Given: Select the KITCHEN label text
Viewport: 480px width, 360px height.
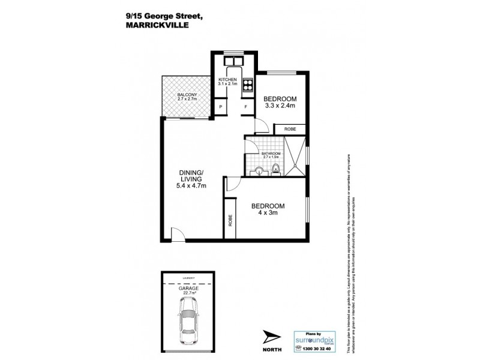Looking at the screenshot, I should click(x=227, y=79).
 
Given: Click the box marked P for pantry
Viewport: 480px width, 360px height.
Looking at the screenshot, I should click(x=221, y=107).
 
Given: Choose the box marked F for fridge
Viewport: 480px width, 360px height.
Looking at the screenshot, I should click(x=245, y=107).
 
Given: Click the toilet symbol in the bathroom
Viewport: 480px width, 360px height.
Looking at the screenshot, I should click(x=276, y=169).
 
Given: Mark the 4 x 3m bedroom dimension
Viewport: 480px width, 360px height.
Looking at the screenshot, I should click(x=268, y=213).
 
